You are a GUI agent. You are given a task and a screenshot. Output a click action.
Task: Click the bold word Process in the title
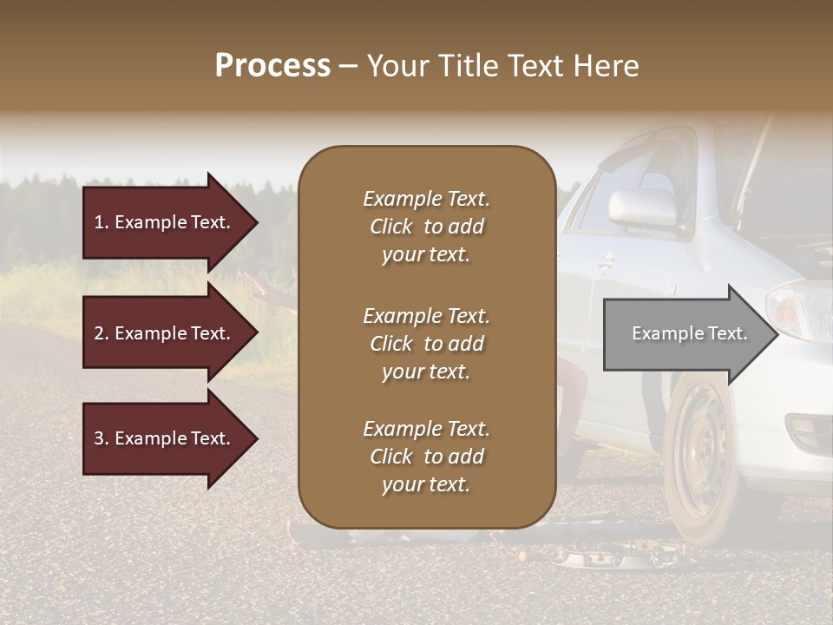272,65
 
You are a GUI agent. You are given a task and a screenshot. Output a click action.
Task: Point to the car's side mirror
643,207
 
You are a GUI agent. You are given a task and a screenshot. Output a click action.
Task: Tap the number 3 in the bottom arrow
99,438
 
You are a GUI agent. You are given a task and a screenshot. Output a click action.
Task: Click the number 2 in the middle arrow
99,333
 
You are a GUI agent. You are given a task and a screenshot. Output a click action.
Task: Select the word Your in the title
395,65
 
